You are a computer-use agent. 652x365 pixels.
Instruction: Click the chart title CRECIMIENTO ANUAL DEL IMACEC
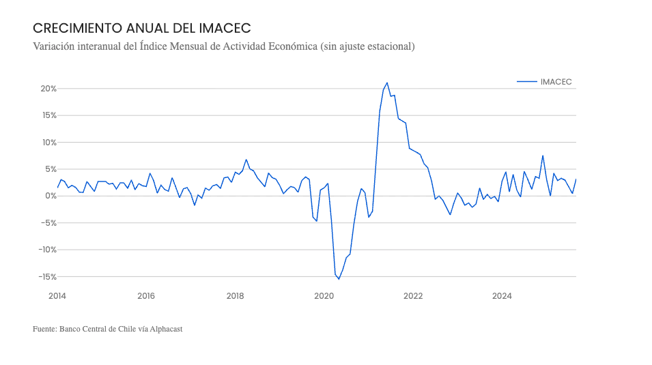[142, 28]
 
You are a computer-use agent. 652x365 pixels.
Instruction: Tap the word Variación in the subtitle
[55, 46]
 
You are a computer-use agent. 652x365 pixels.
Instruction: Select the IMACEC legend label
[556, 81]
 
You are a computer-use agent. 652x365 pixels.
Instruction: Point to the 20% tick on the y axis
[48, 89]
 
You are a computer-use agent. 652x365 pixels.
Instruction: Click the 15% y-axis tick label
[48, 115]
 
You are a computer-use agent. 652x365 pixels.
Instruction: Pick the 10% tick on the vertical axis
[48, 143]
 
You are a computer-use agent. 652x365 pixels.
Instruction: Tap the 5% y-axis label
[50, 169]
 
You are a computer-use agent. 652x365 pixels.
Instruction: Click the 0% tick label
[50, 196]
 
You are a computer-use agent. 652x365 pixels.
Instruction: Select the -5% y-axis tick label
[48, 223]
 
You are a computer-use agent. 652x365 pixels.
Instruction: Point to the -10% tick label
[46, 250]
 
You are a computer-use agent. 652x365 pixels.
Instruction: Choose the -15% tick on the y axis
[46, 276]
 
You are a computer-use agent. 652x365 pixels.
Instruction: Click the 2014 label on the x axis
[57, 295]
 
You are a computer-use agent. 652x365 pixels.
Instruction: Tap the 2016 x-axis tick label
[146, 295]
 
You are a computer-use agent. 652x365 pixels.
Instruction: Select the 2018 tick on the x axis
[235, 295]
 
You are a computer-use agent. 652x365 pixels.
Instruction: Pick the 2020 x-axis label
[324, 295]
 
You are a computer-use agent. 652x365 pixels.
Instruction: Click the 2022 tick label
[413, 295]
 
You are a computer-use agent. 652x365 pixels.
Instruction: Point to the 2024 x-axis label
[502, 295]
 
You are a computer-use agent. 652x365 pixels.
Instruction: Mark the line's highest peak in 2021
[387, 83]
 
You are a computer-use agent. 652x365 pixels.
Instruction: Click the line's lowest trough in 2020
[339, 279]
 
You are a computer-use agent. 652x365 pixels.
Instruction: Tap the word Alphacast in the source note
[166, 329]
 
